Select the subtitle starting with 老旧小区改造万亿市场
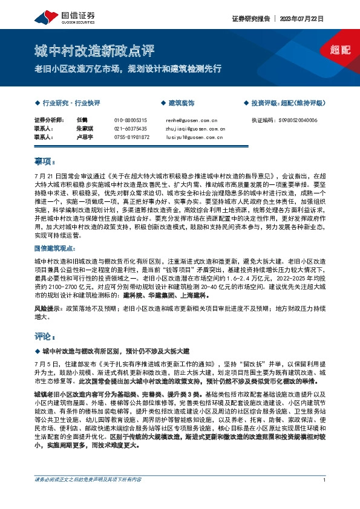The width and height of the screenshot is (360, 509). click(128, 68)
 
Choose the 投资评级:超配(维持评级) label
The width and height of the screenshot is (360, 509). click(287, 103)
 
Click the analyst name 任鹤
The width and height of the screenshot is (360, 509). click(83, 120)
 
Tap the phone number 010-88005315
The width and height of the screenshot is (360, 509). click(131, 120)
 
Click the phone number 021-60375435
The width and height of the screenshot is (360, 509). click(131, 129)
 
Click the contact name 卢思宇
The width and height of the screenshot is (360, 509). click(85, 137)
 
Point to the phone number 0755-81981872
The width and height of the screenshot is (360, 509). click(132, 137)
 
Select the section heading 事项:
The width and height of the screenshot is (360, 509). click(45, 161)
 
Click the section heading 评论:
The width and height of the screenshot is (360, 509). click(45, 336)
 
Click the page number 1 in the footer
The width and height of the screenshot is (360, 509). click(325, 496)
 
